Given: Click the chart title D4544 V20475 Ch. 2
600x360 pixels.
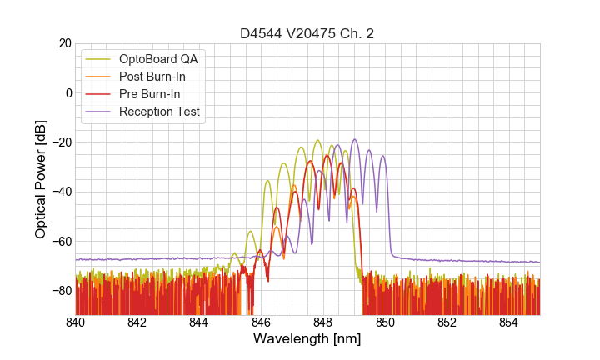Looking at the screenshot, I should pos(307,34).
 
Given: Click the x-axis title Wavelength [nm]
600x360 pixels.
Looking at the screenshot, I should pos(307,339).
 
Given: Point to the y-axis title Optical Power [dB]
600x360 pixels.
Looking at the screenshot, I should pos(41,179).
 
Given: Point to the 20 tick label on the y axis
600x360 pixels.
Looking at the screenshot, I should pos(64,43).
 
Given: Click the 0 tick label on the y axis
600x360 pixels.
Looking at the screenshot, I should pos(68,92).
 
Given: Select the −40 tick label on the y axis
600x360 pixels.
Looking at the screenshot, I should pos(60,192).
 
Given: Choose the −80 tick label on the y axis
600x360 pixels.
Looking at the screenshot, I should pos(60,291).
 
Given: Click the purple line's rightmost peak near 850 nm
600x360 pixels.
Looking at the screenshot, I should pos(383,156).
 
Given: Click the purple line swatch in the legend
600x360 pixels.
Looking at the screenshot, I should pos(100,112).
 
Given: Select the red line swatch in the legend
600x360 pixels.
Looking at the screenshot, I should pos(100,94).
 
